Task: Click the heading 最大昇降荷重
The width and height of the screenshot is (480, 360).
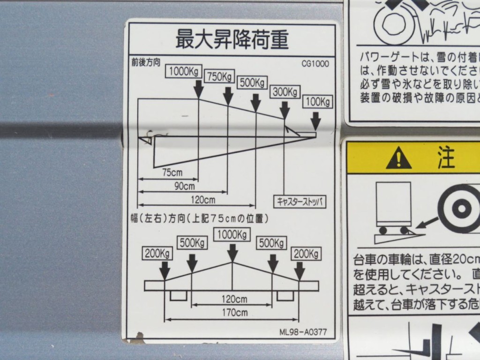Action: coord(232,40)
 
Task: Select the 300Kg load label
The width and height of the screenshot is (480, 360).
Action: coord(285,92)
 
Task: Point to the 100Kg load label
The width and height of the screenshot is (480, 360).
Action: coord(317,102)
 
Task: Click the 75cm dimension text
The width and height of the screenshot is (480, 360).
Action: coord(172,172)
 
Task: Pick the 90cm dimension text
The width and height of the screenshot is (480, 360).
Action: coord(184,186)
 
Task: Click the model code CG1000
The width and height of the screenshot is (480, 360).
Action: coord(315,64)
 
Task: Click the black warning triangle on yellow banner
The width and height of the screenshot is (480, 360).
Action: coord(398,158)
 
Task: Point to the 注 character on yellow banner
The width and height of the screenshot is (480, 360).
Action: coord(446,157)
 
